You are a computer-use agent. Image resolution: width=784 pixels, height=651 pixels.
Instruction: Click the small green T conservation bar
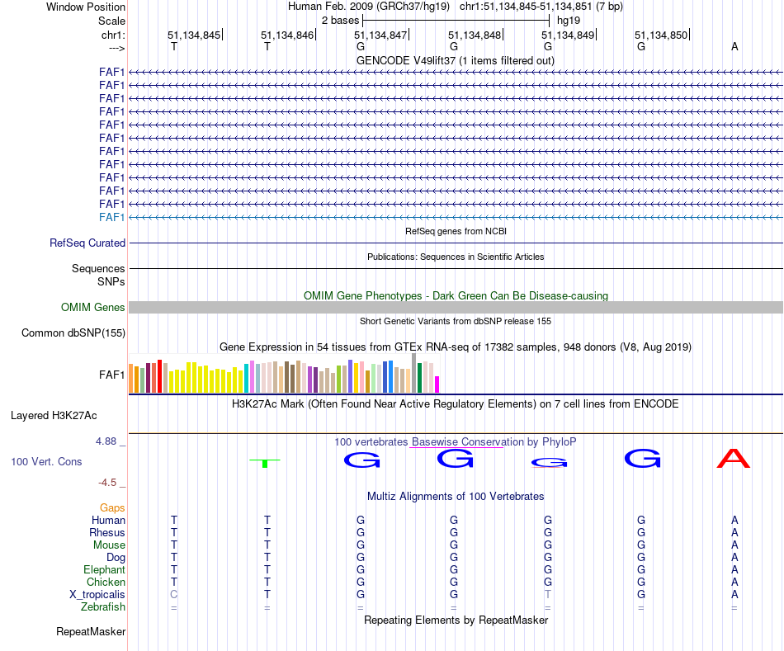click(x=265, y=463)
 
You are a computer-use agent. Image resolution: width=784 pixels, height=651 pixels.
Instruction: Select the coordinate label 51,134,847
click(x=380, y=35)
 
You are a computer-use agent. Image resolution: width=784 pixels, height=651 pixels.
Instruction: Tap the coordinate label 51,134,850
click(x=660, y=35)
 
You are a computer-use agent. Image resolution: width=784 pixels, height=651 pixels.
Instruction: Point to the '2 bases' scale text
click(x=339, y=19)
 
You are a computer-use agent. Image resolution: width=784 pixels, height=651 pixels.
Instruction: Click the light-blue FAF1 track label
click(x=111, y=217)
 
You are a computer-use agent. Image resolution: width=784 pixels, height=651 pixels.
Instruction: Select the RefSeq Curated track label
click(x=87, y=243)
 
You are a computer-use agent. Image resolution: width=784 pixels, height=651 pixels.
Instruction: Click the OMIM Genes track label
click(x=93, y=308)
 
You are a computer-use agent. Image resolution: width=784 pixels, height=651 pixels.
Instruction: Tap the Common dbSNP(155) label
click(x=73, y=333)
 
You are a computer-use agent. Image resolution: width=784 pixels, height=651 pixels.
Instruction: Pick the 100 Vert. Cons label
click(x=46, y=462)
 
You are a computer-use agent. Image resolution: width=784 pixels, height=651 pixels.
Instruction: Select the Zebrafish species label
click(x=103, y=607)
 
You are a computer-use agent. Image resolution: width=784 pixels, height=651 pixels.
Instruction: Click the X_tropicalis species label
click(x=97, y=595)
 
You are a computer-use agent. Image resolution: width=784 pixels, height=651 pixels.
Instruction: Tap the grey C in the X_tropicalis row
click(x=173, y=595)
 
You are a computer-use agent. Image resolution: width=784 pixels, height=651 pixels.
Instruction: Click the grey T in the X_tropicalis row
click(x=547, y=595)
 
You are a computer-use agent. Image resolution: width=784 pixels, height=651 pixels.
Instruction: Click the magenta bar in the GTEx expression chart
click(x=437, y=384)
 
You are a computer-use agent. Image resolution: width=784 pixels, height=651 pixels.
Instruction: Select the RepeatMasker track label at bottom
click(x=91, y=632)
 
